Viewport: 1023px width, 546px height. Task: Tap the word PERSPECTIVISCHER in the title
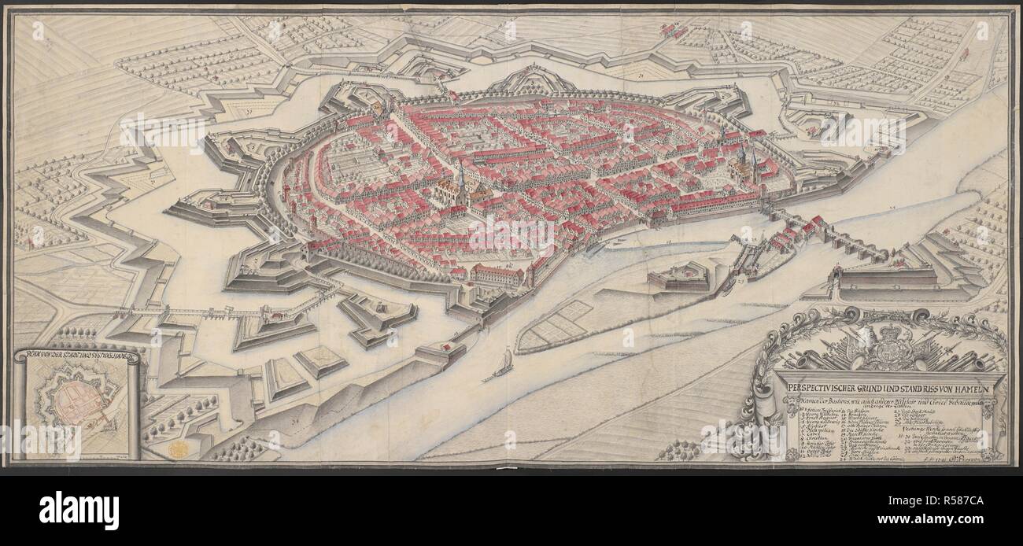818,389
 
